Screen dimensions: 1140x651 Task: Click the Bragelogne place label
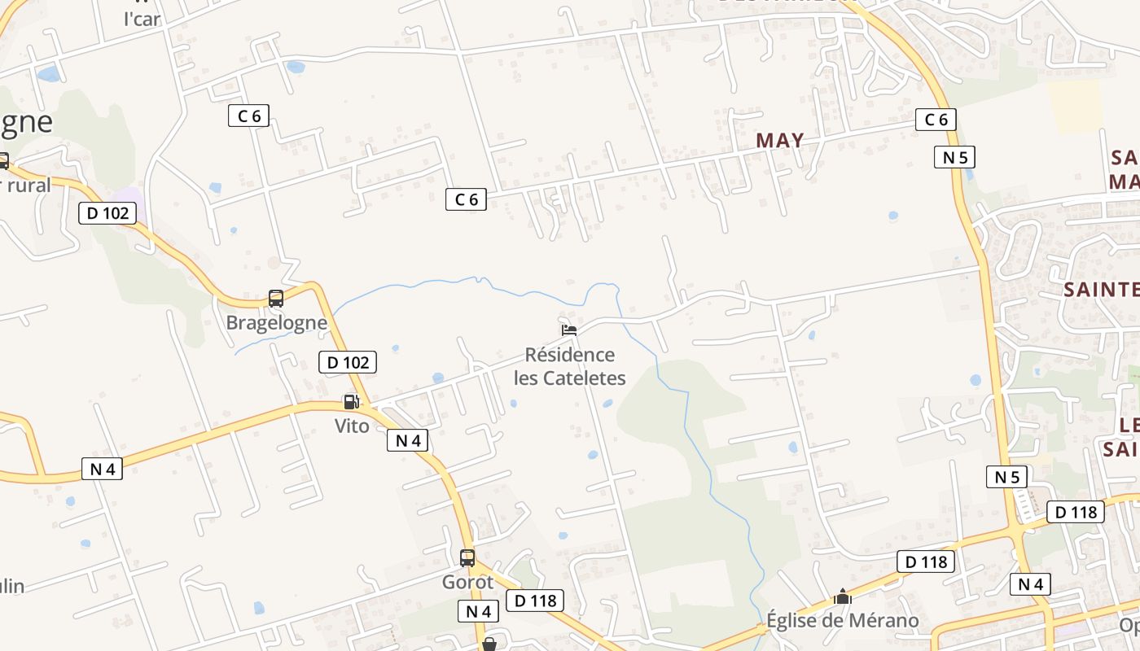(x=276, y=323)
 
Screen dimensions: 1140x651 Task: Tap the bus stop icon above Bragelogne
(x=276, y=299)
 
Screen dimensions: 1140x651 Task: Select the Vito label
(x=352, y=426)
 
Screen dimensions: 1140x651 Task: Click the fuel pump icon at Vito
(x=351, y=401)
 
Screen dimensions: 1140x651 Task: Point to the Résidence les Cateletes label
(x=569, y=366)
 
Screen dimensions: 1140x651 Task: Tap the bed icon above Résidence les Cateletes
(x=569, y=330)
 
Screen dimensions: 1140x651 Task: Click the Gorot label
(x=467, y=583)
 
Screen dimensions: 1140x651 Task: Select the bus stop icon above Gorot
(x=467, y=558)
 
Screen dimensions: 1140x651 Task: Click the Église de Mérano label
(x=843, y=621)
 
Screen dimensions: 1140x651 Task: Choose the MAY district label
(x=780, y=140)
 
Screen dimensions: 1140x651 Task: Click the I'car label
(x=142, y=20)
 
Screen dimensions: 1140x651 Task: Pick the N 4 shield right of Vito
(x=407, y=440)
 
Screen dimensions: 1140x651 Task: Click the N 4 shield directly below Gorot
(x=479, y=611)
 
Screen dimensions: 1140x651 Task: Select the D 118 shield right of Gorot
(x=535, y=601)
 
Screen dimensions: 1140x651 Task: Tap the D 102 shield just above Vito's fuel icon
(x=349, y=362)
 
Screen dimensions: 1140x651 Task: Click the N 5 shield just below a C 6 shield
(x=954, y=157)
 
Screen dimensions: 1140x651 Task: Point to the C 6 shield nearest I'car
(x=248, y=116)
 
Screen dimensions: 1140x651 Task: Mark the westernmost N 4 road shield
(x=103, y=469)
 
